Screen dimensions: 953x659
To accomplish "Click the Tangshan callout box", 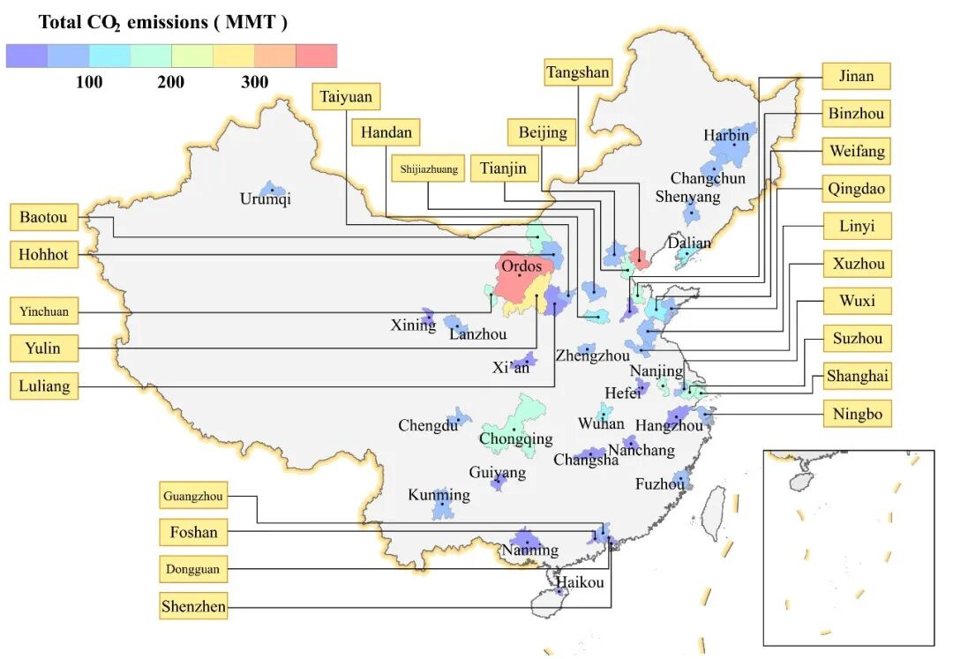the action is click(578, 72).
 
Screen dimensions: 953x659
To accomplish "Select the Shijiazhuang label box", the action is click(429, 169).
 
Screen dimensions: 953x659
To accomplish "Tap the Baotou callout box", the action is click(43, 216).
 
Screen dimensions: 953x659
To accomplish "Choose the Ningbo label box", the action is click(857, 413).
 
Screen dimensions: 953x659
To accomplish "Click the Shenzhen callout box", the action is click(193, 606).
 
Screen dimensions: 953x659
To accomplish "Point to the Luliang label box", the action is click(43, 386).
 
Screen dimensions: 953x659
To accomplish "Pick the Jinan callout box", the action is click(856, 76).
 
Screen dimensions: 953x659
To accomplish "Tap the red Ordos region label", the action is click(522, 266).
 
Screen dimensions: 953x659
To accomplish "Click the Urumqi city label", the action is click(265, 199).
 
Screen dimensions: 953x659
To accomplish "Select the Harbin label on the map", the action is click(726, 135).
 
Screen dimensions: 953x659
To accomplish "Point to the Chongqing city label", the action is click(516, 438).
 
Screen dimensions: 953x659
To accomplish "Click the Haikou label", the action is click(580, 582).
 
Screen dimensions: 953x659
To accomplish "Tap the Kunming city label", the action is click(439, 495).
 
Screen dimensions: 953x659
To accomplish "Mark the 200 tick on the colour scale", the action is click(171, 83).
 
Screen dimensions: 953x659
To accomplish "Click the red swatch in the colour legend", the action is click(316, 56).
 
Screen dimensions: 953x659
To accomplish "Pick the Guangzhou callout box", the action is click(192, 497).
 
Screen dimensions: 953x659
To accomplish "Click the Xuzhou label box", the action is click(858, 263).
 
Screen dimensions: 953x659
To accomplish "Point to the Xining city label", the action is click(413, 326).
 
